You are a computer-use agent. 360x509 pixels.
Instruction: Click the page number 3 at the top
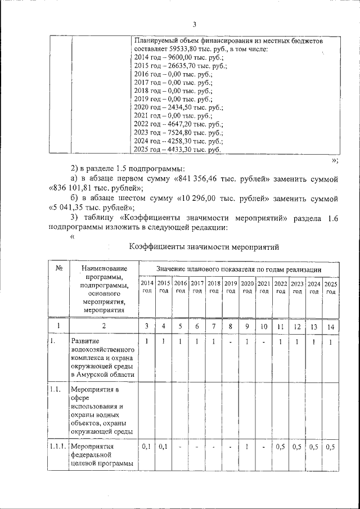[194, 24]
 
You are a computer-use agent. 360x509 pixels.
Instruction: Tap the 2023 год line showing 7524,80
[179, 133]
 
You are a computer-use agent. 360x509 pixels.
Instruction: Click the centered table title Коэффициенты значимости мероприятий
[204, 246]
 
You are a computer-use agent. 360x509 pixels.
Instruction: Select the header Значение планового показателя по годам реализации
[239, 271]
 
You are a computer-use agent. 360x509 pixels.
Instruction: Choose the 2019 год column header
[231, 287]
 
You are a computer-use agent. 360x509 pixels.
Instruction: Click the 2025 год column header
[331, 287]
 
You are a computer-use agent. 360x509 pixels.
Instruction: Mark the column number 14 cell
[331, 326]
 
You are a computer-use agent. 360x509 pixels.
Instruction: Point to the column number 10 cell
[264, 326]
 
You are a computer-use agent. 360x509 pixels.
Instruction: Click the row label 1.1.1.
[58, 447]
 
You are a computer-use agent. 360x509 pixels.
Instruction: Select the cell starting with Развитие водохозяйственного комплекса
[102, 358]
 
